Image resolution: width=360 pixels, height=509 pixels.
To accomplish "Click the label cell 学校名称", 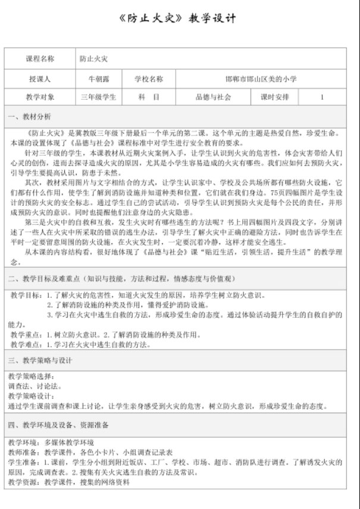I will coord(148,78).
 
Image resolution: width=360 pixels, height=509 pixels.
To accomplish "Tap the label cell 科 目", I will coord(148,97).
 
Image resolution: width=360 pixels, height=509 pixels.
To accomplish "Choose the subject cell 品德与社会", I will coord(213,97).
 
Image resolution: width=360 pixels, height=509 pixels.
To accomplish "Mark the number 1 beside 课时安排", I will coord(322,97).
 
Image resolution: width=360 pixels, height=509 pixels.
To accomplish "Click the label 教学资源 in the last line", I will coord(24,482).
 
